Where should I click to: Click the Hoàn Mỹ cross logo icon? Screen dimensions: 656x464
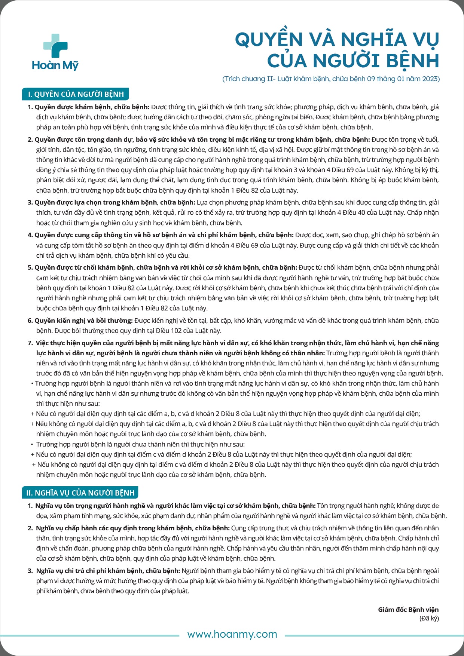click(x=55, y=46)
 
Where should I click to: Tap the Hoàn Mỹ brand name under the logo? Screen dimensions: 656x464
click(x=55, y=65)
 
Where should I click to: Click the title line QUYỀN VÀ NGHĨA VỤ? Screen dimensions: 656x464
click(x=337, y=39)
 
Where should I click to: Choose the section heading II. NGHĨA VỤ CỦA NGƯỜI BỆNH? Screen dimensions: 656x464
click(x=80, y=493)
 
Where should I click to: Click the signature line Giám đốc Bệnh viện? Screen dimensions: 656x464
click(x=408, y=610)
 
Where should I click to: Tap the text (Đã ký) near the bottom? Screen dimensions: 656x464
click(x=429, y=618)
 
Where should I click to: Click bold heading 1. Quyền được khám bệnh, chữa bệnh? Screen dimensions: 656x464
click(x=89, y=107)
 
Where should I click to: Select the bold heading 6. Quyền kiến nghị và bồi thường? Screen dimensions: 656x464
click(x=80, y=321)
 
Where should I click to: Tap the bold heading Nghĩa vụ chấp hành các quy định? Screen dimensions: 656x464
click(x=132, y=528)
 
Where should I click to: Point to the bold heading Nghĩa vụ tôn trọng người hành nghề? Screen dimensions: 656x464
click(x=175, y=506)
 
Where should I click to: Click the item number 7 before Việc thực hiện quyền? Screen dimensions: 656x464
click(x=30, y=343)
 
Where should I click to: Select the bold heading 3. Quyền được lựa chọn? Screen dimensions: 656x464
click(x=112, y=202)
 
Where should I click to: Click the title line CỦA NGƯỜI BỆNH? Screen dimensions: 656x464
click(x=353, y=61)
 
